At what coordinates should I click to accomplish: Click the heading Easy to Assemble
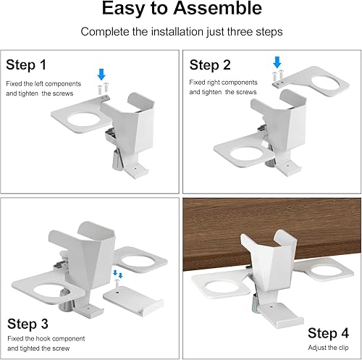click(181, 10)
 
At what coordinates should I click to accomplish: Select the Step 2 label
click(209, 65)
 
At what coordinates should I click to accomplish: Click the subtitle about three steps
click(181, 32)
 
